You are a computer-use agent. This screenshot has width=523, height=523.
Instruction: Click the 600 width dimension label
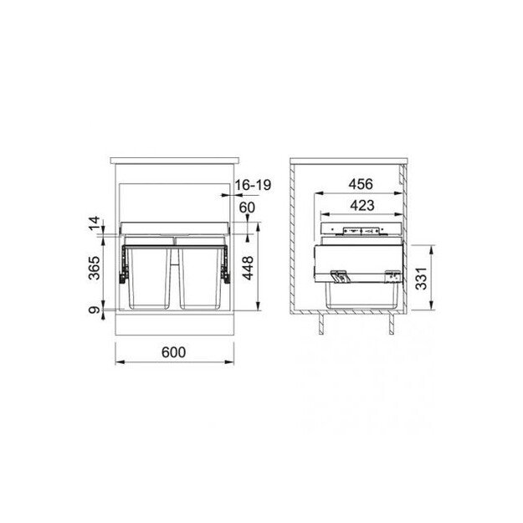[x=172, y=353]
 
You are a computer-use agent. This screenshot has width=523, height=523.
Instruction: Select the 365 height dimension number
[x=95, y=268]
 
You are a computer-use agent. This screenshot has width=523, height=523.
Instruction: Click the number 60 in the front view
[x=246, y=208]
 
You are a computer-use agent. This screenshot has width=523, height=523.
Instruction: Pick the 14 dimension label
[x=95, y=224]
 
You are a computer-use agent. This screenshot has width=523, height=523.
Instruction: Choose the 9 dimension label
[x=95, y=310]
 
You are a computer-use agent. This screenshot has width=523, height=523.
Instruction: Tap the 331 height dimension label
[x=426, y=277]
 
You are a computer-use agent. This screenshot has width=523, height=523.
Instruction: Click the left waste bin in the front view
[x=148, y=276]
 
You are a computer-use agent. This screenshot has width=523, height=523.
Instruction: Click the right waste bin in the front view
[x=200, y=276]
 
